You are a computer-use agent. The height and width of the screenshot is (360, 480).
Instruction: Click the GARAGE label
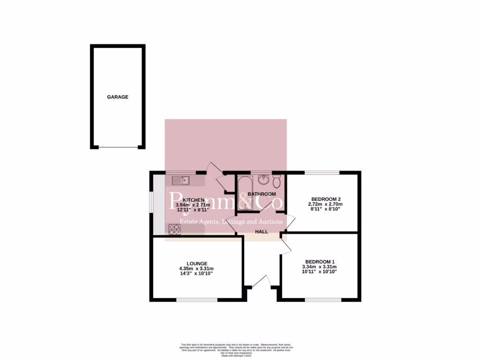[118, 97]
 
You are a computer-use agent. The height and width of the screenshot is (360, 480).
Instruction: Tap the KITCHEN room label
[194, 200]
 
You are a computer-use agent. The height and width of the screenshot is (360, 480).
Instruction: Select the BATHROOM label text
[262, 194]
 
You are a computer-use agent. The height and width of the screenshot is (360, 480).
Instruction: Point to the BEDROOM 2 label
[325, 198]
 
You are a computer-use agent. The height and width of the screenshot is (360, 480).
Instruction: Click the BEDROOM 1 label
[320, 262]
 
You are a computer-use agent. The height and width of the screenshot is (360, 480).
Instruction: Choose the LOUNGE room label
[196, 263]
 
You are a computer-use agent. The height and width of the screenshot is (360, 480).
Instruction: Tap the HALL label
[262, 232]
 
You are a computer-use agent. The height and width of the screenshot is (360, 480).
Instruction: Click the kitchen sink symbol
[180, 179]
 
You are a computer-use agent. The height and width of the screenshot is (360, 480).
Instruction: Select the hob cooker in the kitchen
[175, 229]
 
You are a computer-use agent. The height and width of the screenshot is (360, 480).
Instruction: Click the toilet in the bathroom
[277, 180]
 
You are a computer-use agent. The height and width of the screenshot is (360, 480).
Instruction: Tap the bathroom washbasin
[263, 179]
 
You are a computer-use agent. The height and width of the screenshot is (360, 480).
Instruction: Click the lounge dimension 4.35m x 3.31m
[196, 268]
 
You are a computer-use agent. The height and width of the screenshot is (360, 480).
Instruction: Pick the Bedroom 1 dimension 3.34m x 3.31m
[320, 267]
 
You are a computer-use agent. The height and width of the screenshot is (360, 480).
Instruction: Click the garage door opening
[118, 148]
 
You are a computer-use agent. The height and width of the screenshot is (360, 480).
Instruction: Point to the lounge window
[196, 300]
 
